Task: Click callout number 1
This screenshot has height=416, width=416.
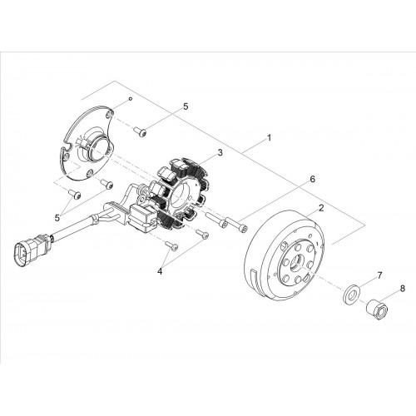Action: [x=269, y=138]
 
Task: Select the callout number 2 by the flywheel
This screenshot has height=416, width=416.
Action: [x=321, y=208]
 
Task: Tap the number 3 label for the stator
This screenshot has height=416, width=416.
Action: [x=220, y=152]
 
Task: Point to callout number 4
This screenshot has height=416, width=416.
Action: [x=160, y=271]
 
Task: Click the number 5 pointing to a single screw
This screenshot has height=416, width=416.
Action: [x=186, y=106]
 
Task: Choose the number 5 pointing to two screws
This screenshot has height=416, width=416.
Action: [x=57, y=218]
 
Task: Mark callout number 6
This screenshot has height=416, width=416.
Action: [x=313, y=179]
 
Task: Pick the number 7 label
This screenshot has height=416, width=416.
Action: [x=379, y=275]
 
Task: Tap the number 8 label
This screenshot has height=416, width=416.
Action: [x=402, y=289]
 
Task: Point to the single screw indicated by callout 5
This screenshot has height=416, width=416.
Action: [x=140, y=131]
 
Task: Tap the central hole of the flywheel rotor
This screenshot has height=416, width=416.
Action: [x=297, y=264]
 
